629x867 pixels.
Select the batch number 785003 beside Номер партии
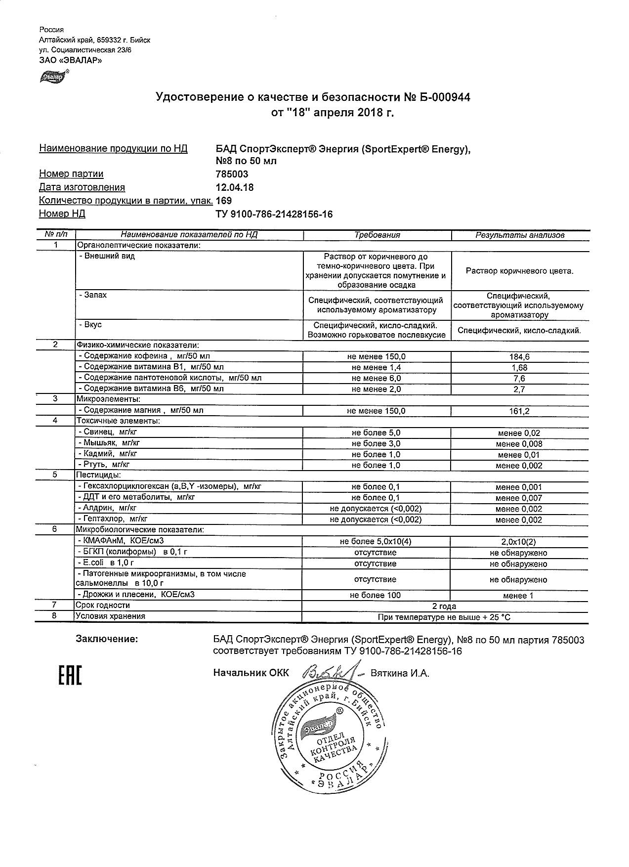tap(232, 174)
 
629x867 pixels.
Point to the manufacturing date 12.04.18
tap(235, 187)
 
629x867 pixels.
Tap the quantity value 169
tap(224, 201)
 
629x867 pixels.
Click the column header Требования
tap(377, 235)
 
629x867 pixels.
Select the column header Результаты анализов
tap(520, 235)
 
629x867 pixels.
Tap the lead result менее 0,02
tap(519, 433)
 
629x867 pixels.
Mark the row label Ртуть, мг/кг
tap(106, 465)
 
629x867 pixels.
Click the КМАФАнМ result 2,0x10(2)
tap(519, 542)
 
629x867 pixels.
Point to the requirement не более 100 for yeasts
tap(376, 595)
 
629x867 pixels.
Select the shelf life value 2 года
tap(444, 606)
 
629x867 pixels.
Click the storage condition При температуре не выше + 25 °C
tap(444, 617)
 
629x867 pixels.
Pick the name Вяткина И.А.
tap(400, 673)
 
